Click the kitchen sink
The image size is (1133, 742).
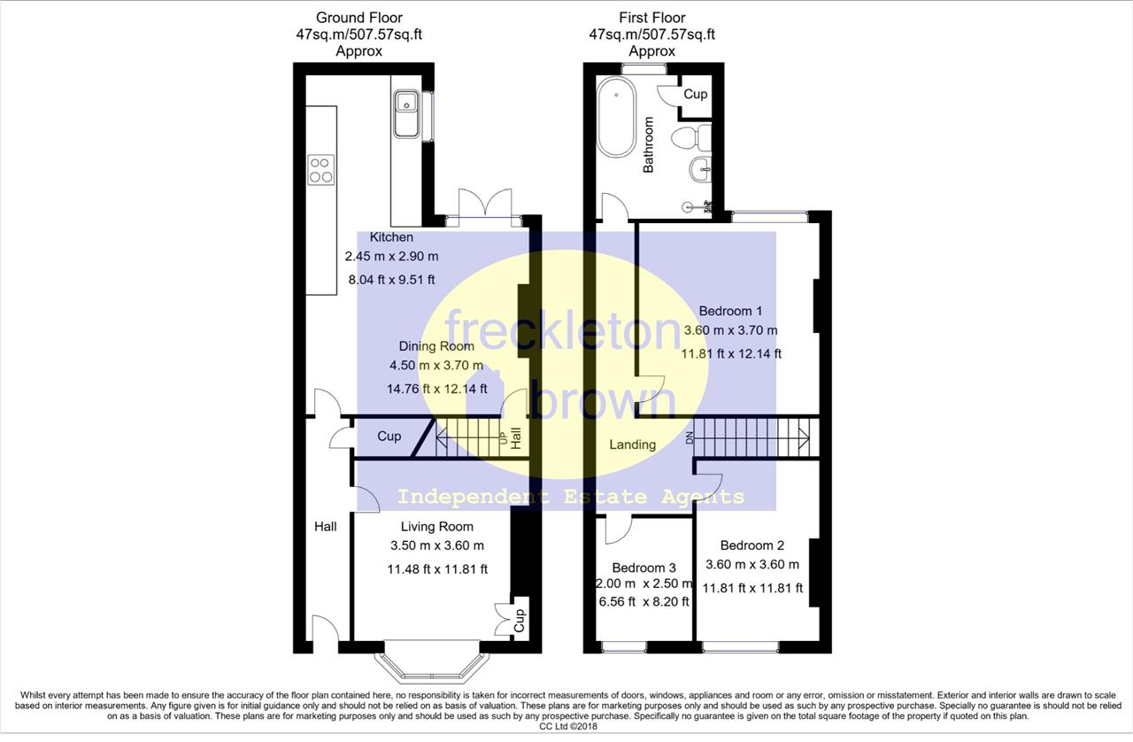(x=406, y=114)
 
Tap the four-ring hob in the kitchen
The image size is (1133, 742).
(x=321, y=169)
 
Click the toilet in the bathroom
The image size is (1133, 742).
(x=691, y=137)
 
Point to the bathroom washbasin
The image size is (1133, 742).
(x=700, y=169)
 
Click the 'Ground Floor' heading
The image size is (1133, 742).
(x=359, y=18)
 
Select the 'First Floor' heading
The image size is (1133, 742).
(x=652, y=18)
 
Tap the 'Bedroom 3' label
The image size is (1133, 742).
(x=644, y=568)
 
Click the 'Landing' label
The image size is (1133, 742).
(x=632, y=444)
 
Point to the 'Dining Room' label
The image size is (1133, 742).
(x=436, y=346)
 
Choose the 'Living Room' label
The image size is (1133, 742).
(x=437, y=526)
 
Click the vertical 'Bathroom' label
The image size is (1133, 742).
(x=648, y=144)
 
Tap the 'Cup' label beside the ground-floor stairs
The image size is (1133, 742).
(x=389, y=437)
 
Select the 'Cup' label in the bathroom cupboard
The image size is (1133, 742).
(x=696, y=94)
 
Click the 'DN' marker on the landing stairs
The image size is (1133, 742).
(x=689, y=438)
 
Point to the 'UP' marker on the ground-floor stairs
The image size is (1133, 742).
(x=503, y=437)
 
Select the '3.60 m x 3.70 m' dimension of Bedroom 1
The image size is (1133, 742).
(x=730, y=330)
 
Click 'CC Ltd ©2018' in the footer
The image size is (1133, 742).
(x=568, y=726)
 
